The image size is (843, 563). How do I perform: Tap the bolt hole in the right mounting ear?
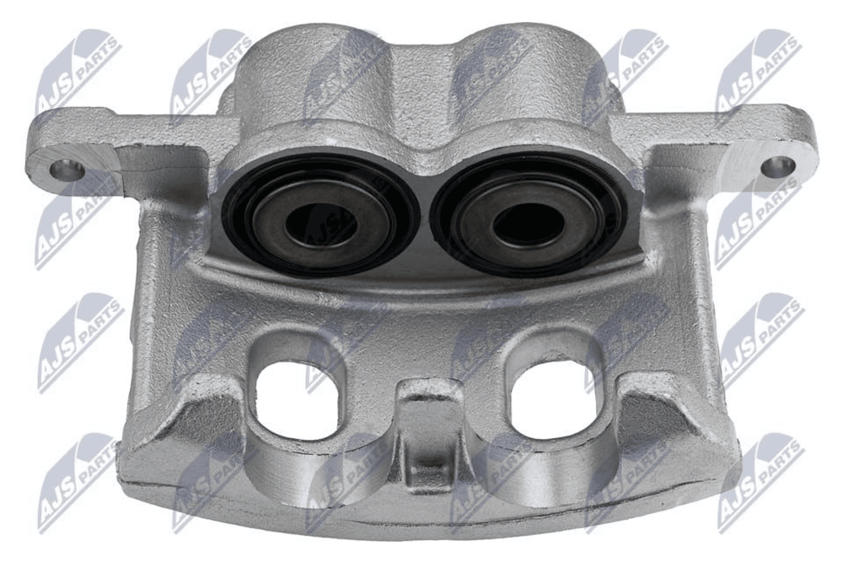777,166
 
